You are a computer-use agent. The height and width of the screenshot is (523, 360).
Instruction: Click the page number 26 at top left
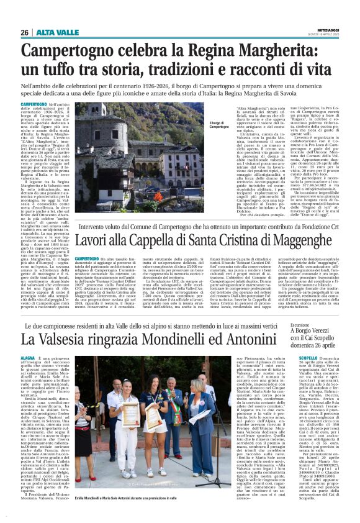tap(24, 32)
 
